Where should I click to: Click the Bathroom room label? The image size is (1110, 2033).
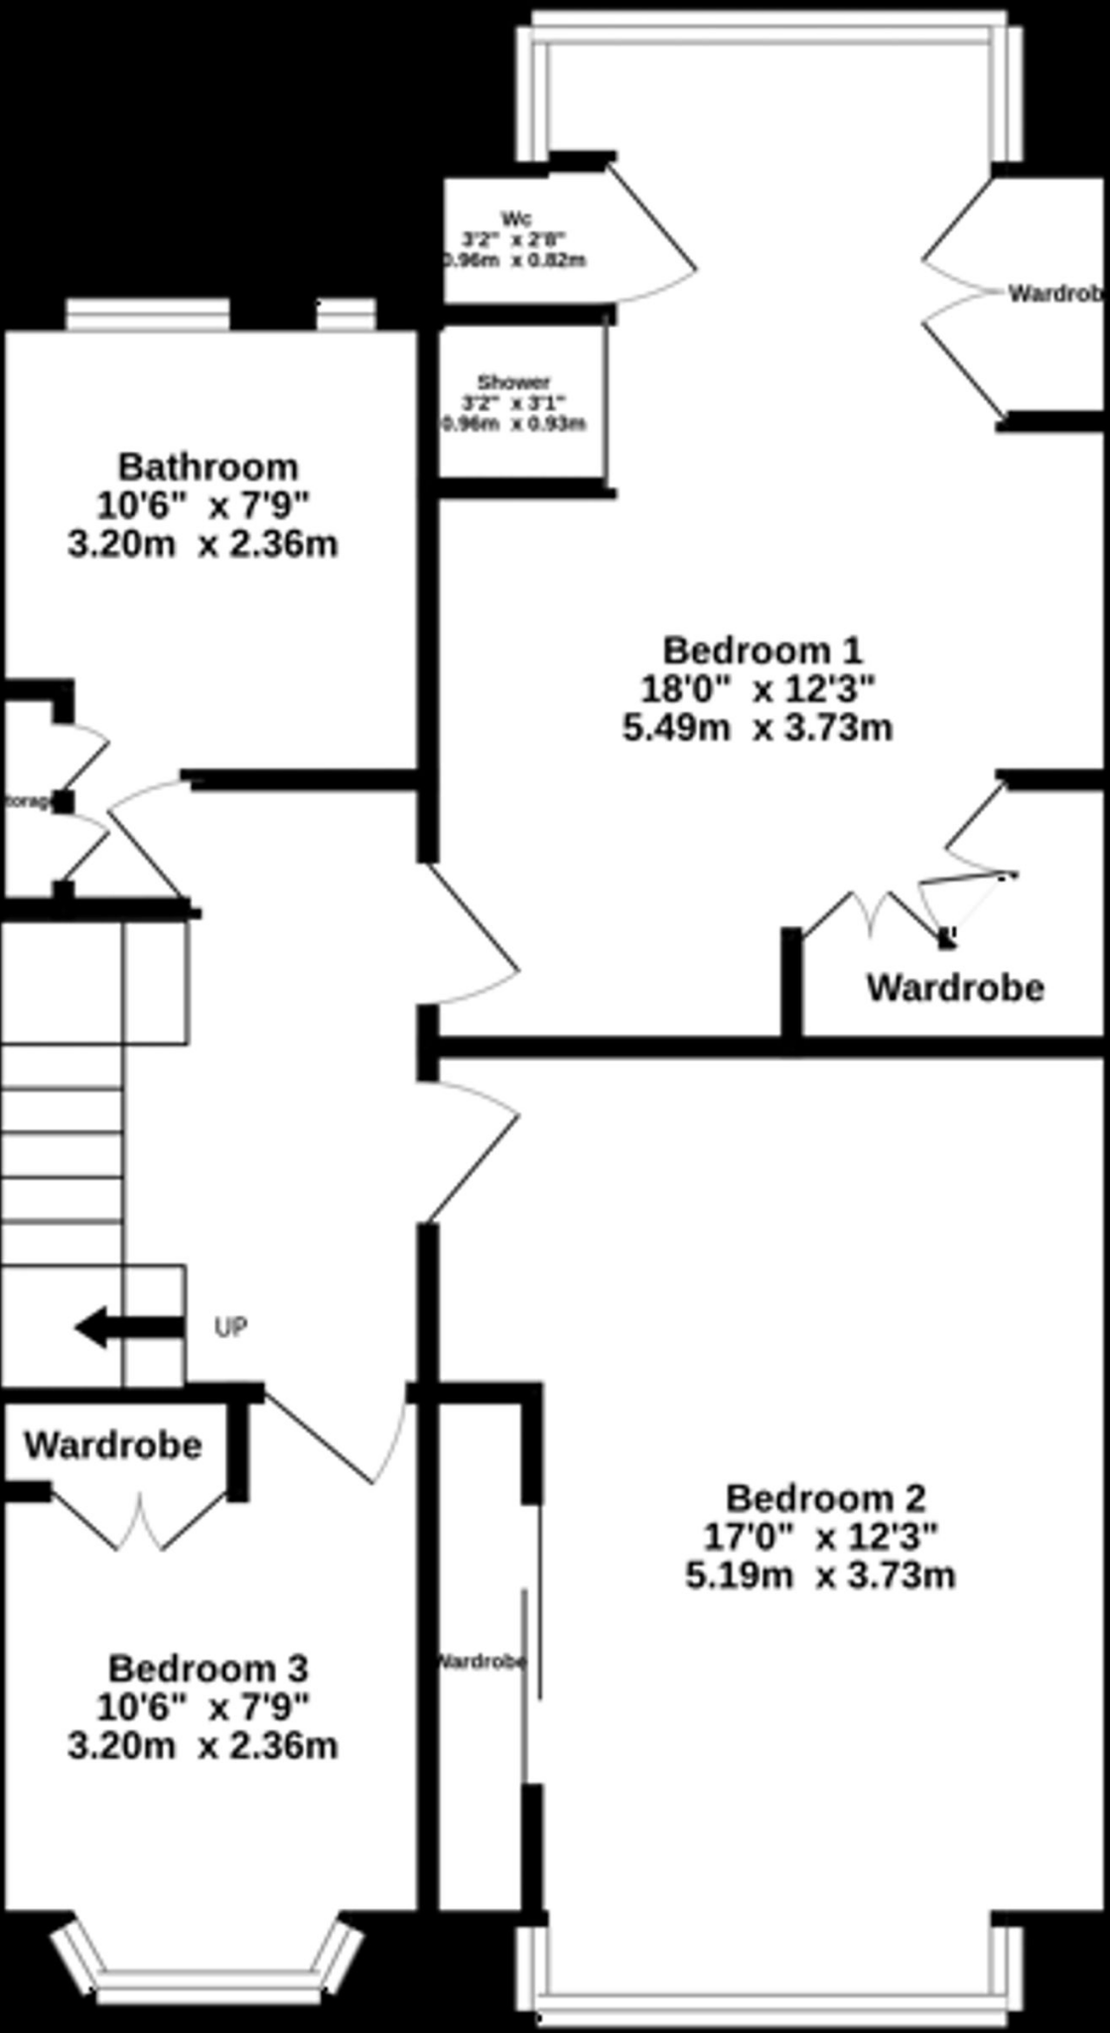[x=208, y=466]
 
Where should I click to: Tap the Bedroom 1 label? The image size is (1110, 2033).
[x=762, y=650]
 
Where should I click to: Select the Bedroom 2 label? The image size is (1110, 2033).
[x=825, y=1497]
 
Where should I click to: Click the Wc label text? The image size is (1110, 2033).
[x=515, y=218]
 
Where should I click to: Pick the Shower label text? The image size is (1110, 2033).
[x=513, y=382]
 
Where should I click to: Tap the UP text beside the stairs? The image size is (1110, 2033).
[x=230, y=1327]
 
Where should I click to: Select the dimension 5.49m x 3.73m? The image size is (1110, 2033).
[x=757, y=728]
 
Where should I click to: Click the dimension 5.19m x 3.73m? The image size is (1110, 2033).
[x=820, y=1575]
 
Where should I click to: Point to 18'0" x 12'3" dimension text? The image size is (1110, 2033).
[x=759, y=688]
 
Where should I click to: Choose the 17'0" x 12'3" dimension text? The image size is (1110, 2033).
[x=820, y=1537]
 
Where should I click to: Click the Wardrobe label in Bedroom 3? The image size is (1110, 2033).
[x=113, y=1445]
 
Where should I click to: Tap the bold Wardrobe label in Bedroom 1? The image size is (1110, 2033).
[x=955, y=988]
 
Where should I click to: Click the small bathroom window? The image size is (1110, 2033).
[x=346, y=316]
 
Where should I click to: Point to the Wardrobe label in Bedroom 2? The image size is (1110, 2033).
[x=482, y=1661]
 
